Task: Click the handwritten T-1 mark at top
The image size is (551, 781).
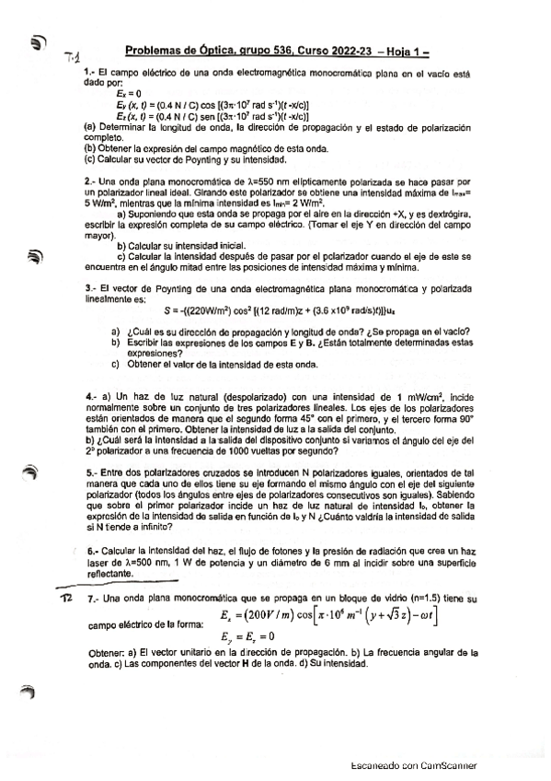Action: pos(75,59)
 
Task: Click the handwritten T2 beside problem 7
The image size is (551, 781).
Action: pos(65,598)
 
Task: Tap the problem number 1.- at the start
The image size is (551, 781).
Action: pos(89,72)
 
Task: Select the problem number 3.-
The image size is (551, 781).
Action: pos(89,288)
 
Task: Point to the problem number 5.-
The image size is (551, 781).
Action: pos(89,471)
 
